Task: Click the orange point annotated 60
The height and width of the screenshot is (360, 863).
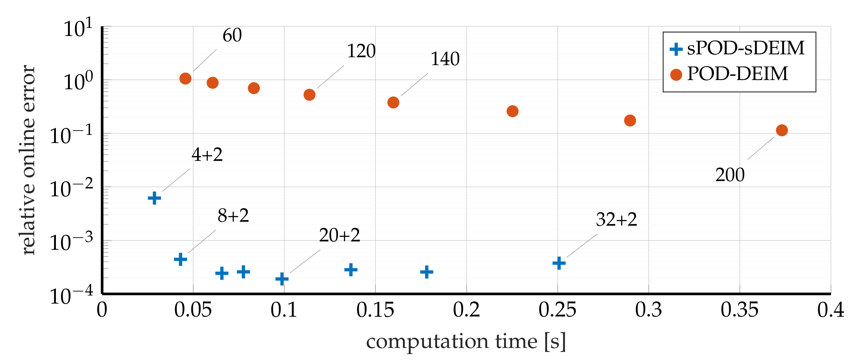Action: pyautogui.click(x=185, y=79)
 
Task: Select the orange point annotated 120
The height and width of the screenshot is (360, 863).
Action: pyautogui.click(x=309, y=95)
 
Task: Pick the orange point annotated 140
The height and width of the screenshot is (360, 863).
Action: pyautogui.click(x=393, y=103)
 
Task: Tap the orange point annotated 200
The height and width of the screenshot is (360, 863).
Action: pyautogui.click(x=782, y=130)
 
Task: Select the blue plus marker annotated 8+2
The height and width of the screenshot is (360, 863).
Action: pyautogui.click(x=180, y=259)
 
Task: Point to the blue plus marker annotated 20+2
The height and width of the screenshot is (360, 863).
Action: pyautogui.click(x=282, y=279)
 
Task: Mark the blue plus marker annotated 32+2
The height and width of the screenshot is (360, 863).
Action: pyautogui.click(x=559, y=263)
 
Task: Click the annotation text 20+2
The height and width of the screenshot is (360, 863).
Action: pyautogui.click(x=339, y=235)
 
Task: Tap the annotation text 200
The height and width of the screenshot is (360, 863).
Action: pyautogui.click(x=730, y=175)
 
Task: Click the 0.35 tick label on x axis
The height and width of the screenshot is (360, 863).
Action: pyautogui.click(x=739, y=310)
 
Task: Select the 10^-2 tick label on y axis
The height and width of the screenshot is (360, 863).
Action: pyautogui.click(x=71, y=189)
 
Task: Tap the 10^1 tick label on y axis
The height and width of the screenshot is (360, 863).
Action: pyautogui.click(x=78, y=28)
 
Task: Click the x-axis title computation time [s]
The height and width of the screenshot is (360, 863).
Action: pyautogui.click(x=466, y=342)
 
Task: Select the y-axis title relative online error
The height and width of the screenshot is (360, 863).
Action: pyautogui.click(x=28, y=160)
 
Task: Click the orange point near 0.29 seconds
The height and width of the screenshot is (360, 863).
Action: pyautogui.click(x=630, y=120)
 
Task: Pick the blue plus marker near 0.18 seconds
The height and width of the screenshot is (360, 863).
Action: pyautogui.click(x=427, y=272)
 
